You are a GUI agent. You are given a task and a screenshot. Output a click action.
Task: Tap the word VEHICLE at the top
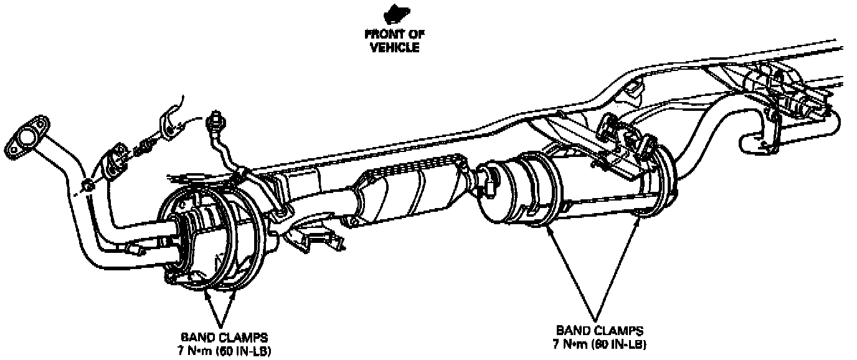(x=395, y=47)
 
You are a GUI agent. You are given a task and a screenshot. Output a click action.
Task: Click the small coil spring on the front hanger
(x=145, y=148)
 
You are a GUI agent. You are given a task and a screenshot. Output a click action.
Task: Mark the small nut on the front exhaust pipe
(x=88, y=184)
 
